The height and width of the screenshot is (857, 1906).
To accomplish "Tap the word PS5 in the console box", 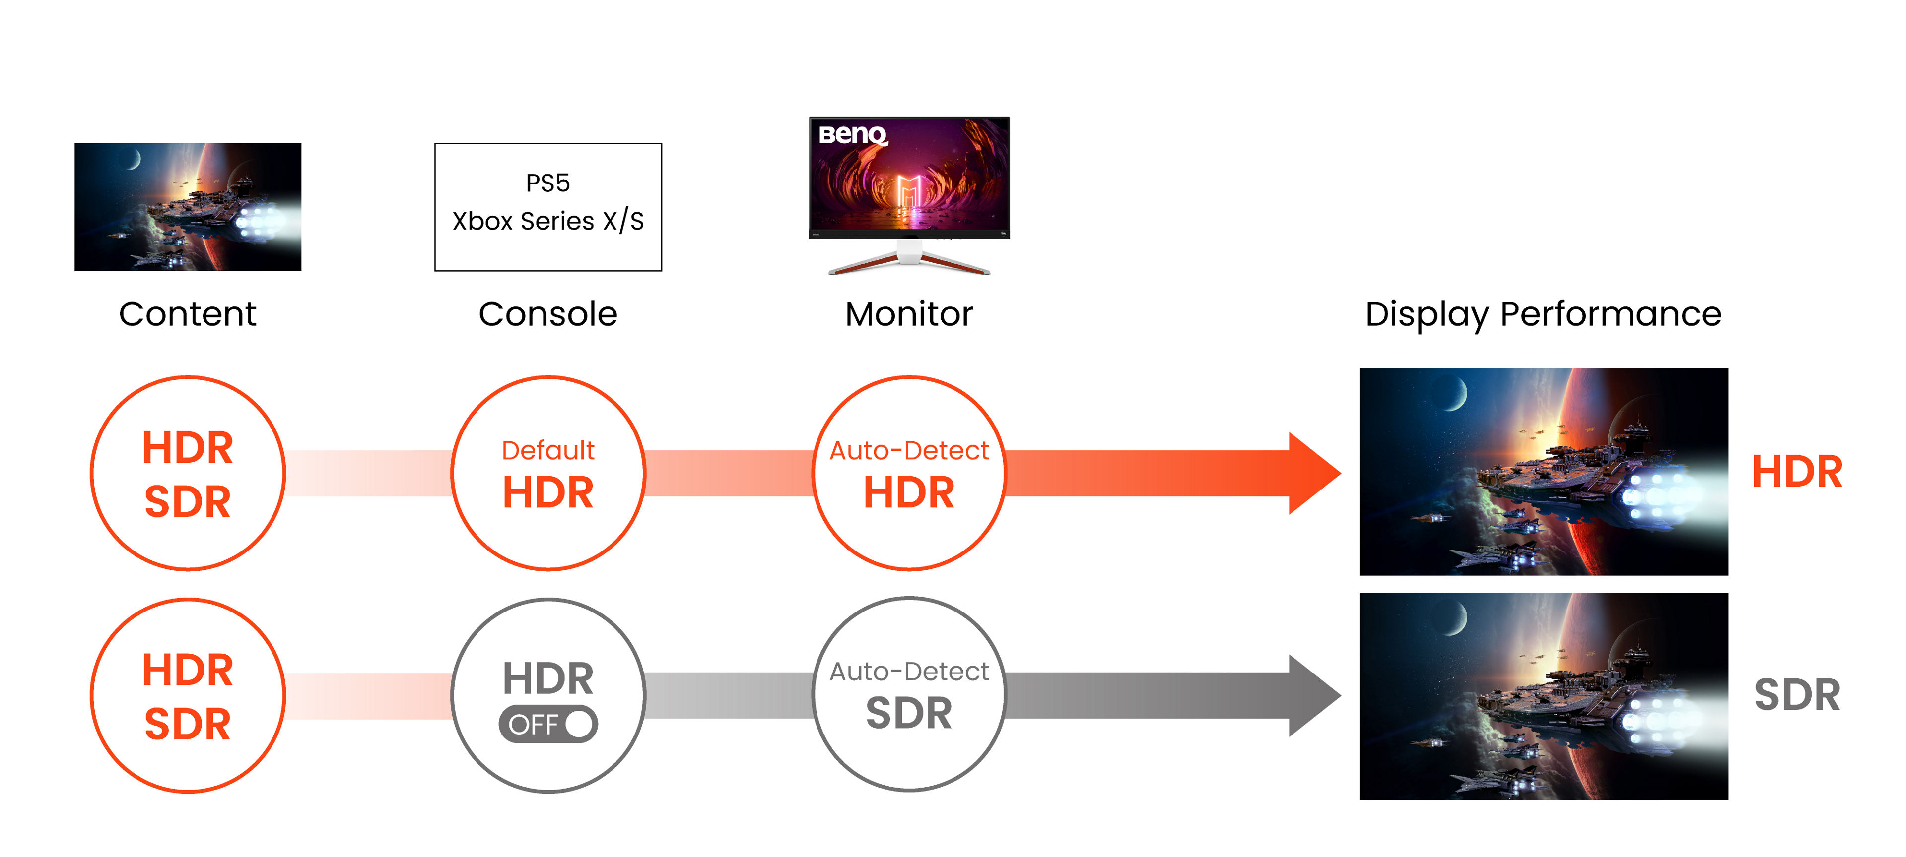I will (x=547, y=183).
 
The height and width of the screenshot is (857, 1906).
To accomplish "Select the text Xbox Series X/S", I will (x=547, y=221).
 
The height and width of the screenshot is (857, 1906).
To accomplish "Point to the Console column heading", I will (x=547, y=314).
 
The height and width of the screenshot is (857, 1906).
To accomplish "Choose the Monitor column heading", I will (x=909, y=314).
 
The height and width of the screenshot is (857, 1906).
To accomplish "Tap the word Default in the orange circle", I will (x=547, y=450).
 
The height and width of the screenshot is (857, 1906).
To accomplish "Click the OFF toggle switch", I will (x=547, y=724).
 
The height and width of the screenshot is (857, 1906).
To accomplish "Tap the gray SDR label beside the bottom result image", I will (x=1796, y=695).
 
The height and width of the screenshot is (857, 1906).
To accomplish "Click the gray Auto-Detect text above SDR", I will (x=909, y=672).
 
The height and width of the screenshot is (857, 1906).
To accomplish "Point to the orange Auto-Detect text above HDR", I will (x=909, y=450).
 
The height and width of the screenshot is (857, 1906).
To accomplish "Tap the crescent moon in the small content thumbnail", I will (x=133, y=158).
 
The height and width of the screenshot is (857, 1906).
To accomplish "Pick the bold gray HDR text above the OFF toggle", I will (x=547, y=679).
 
